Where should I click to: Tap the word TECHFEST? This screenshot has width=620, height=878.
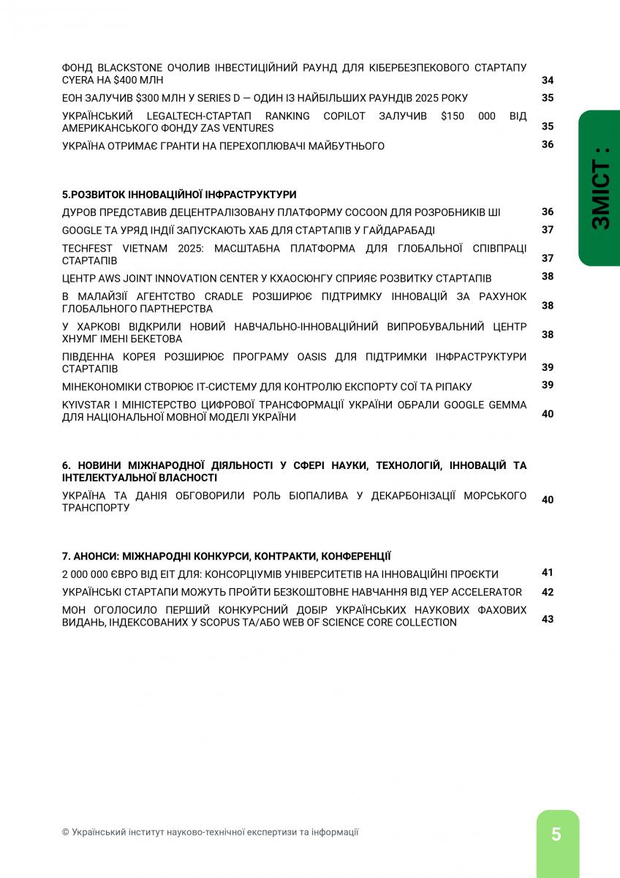(86, 249)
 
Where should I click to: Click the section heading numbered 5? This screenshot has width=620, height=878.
(179, 195)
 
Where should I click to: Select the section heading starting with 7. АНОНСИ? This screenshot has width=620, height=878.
(227, 556)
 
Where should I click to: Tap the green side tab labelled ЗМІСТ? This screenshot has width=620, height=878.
(600, 188)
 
